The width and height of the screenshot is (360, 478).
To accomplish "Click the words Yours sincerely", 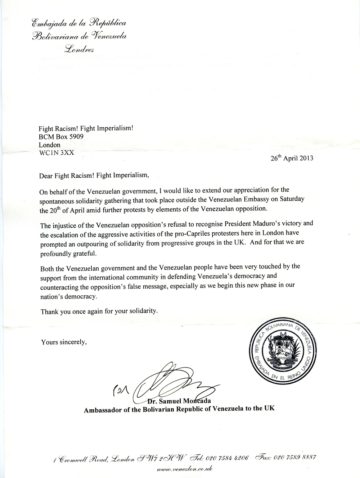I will (64, 342).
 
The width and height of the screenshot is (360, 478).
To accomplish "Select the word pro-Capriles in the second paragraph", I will (195, 233).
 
